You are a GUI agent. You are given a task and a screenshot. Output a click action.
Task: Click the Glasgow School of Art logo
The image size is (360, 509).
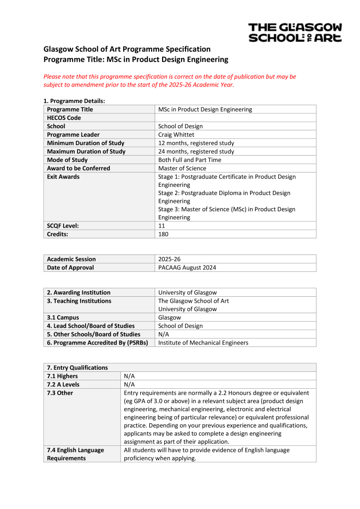click(295, 32)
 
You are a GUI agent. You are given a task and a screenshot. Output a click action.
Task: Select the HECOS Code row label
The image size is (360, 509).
click(64, 118)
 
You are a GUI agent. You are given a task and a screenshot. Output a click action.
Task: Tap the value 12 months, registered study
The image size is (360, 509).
click(196, 143)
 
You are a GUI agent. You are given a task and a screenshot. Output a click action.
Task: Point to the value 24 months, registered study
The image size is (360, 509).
click(196, 152)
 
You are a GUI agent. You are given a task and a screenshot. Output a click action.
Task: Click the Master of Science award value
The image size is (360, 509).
click(182, 169)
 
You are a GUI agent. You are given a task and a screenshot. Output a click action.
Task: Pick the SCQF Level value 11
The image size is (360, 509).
click(162, 226)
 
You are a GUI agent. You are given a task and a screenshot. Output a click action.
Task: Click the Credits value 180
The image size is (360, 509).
click(163, 234)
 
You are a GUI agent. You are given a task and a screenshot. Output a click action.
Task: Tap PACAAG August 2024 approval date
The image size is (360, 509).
click(187, 267)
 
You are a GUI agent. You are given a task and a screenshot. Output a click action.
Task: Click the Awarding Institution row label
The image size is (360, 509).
click(79, 292)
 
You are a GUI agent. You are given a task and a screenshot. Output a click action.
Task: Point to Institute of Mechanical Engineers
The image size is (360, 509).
click(203, 342)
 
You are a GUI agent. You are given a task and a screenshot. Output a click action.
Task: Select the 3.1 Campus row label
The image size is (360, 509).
click(63, 317)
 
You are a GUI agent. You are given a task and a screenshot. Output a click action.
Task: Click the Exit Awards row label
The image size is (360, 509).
click(63, 177)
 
